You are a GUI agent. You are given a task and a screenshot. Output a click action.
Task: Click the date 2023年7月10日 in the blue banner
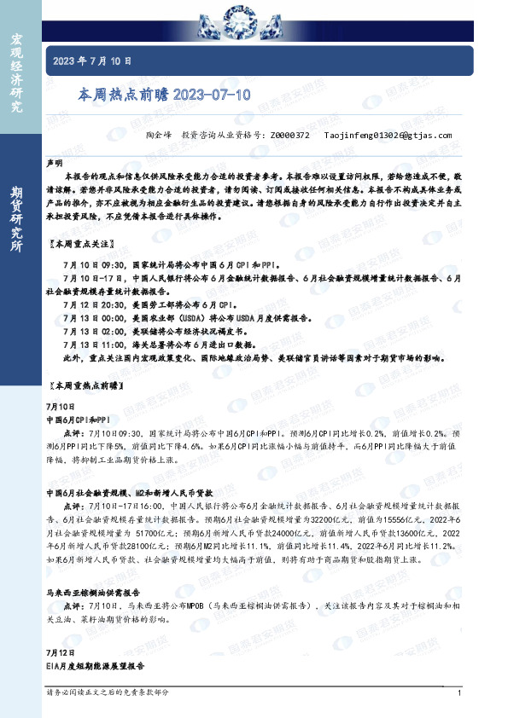coord(93,61)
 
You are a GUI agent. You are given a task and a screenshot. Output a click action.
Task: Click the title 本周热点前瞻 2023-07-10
coord(165,96)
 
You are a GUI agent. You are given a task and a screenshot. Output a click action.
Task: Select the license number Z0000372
coord(289,135)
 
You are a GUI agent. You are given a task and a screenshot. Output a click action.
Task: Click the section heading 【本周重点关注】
coord(85,244)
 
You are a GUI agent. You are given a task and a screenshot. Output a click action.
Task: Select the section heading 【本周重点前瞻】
coord(88,387)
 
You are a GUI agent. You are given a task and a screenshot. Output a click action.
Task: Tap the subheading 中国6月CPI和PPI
coord(79,420)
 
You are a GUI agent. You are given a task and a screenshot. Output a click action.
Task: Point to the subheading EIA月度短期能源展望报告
coord(96,664)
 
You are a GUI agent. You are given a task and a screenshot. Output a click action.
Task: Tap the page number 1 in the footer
coord(459,693)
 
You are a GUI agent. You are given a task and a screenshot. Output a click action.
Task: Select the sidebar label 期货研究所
coord(16,217)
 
